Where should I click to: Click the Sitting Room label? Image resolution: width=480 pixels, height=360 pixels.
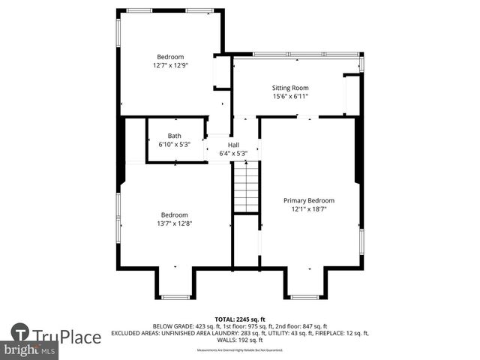click(x=289, y=88)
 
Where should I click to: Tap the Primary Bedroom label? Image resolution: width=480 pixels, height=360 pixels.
click(x=308, y=200)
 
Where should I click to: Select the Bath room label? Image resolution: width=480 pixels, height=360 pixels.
click(x=174, y=136)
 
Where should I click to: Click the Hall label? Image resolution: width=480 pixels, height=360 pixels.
click(x=233, y=145)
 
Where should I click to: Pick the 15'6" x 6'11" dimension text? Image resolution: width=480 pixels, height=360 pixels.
click(x=289, y=96)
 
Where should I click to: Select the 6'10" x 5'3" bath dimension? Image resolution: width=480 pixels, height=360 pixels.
click(x=174, y=144)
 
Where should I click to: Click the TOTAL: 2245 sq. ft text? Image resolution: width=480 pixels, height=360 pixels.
click(x=239, y=319)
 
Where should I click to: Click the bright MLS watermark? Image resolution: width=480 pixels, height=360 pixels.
click(x=30, y=350)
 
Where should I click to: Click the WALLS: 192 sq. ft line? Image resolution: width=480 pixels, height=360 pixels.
click(x=239, y=340)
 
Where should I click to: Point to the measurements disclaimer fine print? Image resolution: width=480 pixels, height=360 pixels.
click(x=239, y=350)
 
